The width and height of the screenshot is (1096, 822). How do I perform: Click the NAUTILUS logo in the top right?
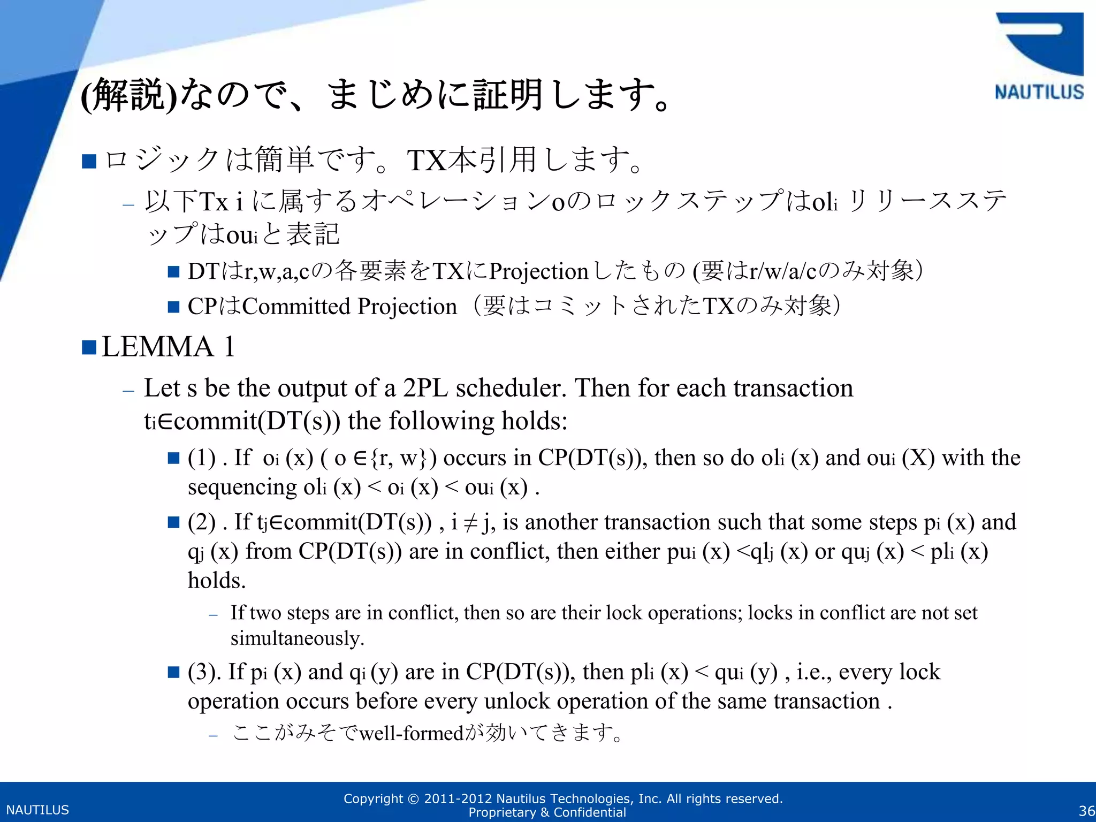pyautogui.click(x=1038, y=57)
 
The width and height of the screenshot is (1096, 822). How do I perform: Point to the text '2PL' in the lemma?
pyautogui.click(x=425, y=388)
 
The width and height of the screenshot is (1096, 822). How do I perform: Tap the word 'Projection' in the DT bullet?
pyautogui.click(x=538, y=271)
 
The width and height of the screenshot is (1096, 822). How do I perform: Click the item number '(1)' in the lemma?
pyautogui.click(x=201, y=458)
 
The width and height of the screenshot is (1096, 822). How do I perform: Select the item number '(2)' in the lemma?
pyautogui.click(x=201, y=522)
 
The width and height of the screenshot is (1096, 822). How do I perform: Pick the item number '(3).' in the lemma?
pyautogui.click(x=204, y=672)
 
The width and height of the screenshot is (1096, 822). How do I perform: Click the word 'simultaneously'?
pyautogui.click(x=297, y=638)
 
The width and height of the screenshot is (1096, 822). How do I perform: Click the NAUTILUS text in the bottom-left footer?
pyautogui.click(x=37, y=810)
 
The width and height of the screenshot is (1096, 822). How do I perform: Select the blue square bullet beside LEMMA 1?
pyautogui.click(x=89, y=348)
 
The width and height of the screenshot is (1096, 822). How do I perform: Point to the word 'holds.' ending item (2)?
pyautogui.click(x=217, y=581)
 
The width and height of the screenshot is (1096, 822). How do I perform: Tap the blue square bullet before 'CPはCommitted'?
pyautogui.click(x=173, y=307)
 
